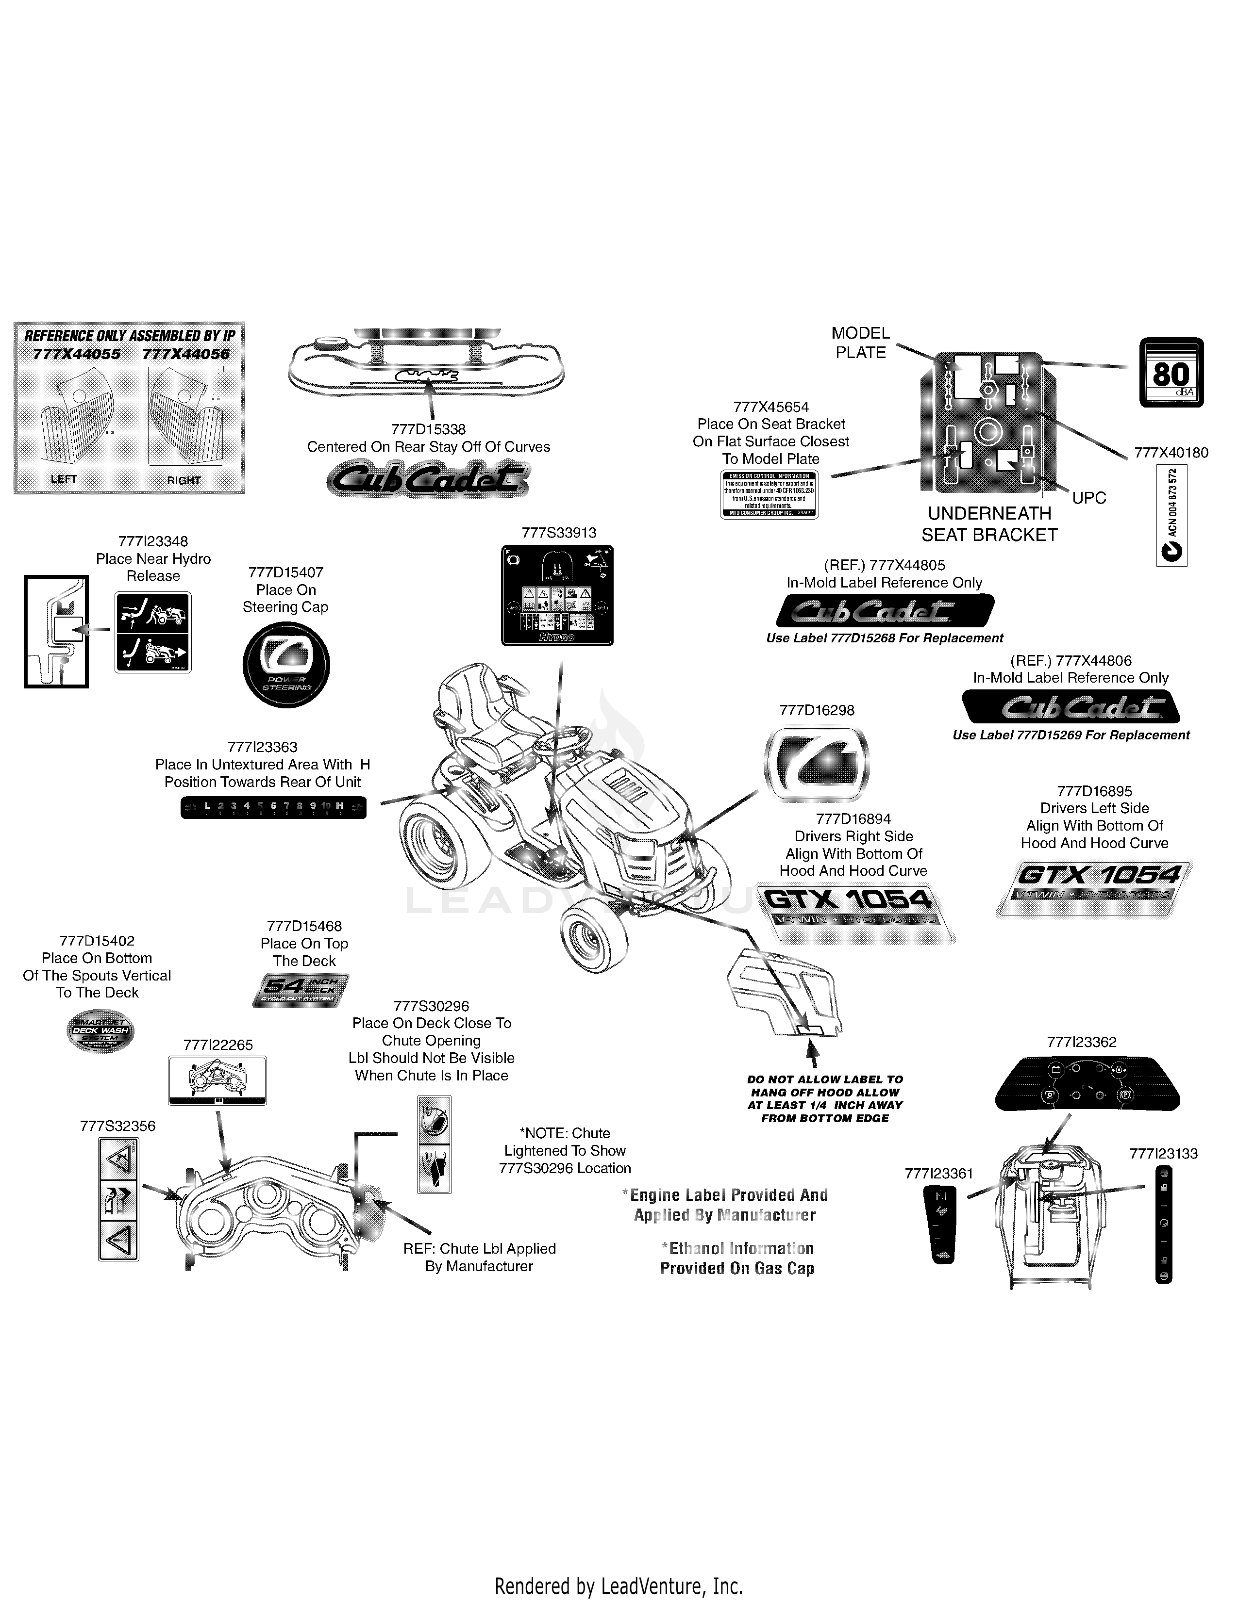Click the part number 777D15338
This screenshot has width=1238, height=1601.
tap(428, 429)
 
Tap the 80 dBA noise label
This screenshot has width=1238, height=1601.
tap(1171, 373)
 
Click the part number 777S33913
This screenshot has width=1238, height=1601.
tap(559, 533)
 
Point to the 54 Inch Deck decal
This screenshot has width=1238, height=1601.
tap(301, 990)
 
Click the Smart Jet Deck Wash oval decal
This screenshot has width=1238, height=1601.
tap(100, 1030)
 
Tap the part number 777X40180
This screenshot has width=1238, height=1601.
tap(1171, 453)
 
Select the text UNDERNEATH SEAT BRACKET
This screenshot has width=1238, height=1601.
tap(989, 524)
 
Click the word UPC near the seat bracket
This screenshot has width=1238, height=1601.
tap(1089, 498)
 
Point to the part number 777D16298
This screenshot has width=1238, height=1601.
tap(816, 710)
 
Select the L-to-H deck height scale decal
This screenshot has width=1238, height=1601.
tap(273, 807)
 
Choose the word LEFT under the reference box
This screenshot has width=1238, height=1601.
tap(64, 479)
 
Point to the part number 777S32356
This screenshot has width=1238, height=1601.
tap(117, 1126)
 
